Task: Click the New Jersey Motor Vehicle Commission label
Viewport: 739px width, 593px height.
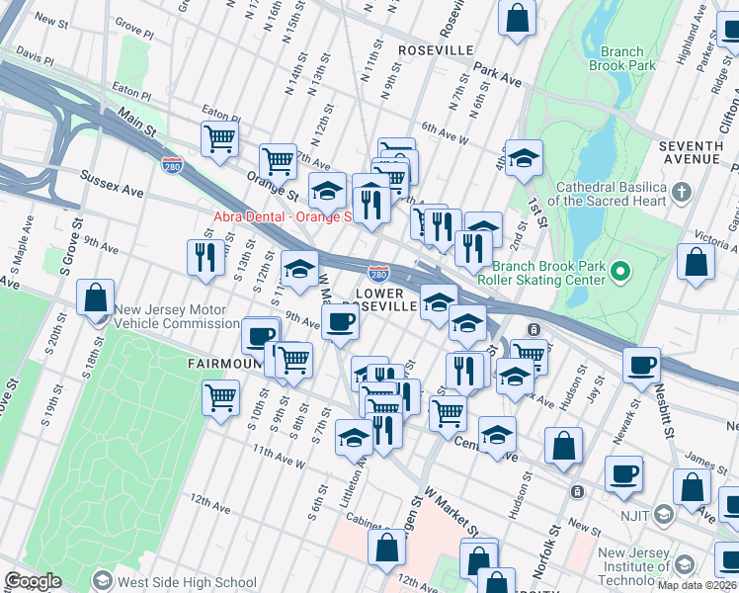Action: point(175,316)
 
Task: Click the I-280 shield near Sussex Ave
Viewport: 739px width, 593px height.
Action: point(173,162)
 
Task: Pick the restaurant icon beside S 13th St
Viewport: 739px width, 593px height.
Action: point(205,255)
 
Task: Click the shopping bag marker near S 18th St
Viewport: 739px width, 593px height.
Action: point(95,296)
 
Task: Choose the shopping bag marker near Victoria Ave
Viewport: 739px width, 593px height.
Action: point(697,262)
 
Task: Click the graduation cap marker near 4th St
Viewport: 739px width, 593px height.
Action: point(523,158)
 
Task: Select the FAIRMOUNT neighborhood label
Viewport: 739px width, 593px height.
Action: point(222,364)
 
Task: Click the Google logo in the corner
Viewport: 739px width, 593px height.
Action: point(33,581)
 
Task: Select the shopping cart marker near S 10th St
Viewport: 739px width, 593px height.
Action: point(220,397)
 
